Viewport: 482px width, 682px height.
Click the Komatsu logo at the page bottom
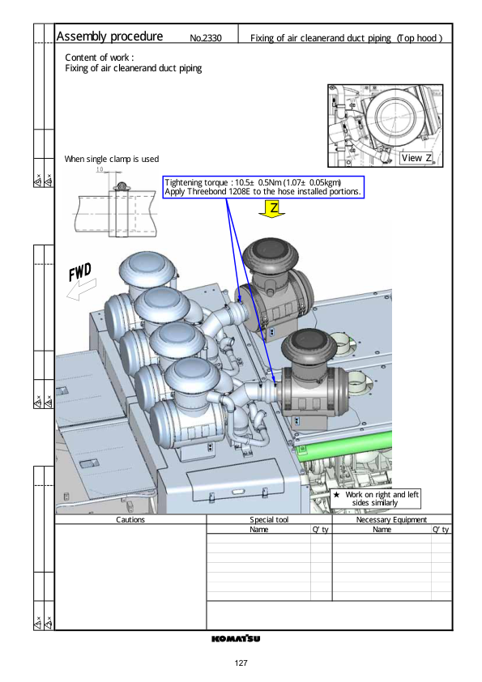point(236,638)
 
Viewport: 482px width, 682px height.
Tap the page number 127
point(241,663)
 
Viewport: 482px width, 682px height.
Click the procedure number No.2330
point(206,38)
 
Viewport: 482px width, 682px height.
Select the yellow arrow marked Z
point(272,209)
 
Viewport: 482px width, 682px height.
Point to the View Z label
point(416,158)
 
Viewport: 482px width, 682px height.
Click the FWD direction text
point(80,272)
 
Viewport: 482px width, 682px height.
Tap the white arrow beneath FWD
point(81,289)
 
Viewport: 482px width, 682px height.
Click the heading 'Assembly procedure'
point(109,36)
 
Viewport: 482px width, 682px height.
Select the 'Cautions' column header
point(130,519)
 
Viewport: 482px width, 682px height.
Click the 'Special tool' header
point(269,519)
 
